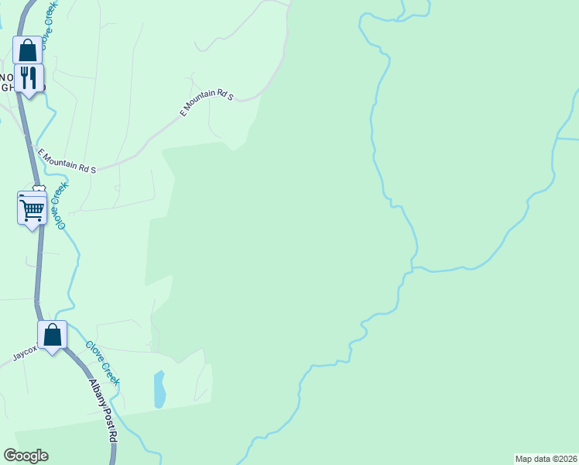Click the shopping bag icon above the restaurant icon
point(28,50)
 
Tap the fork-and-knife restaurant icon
point(29,77)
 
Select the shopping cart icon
point(32,208)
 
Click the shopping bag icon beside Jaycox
point(53,335)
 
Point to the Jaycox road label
point(24,353)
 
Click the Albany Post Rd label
point(103,411)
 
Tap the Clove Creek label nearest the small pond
point(102,363)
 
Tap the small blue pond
point(159,389)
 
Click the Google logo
point(26,456)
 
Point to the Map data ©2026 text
point(546,458)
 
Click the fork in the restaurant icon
point(25,77)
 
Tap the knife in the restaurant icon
point(34,77)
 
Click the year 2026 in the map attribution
point(567,458)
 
